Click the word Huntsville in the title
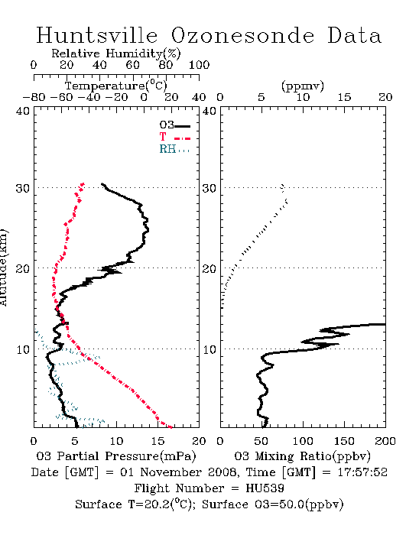click(x=97, y=35)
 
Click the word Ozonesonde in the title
click(x=242, y=35)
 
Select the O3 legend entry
click(x=174, y=125)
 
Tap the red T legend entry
click(x=174, y=137)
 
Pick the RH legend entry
click(x=174, y=149)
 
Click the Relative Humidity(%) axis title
click(x=116, y=53)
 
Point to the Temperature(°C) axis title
click(x=116, y=86)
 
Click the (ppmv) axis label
click(x=303, y=86)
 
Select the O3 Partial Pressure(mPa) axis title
click(x=116, y=456)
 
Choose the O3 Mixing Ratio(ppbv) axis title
click(x=302, y=456)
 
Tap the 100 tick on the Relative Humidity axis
click(x=199, y=65)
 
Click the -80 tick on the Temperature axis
click(x=34, y=97)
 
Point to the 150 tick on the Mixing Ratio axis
click(x=344, y=441)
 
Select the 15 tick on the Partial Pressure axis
click(x=158, y=441)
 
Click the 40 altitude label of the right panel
click(x=209, y=112)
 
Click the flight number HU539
click(x=265, y=488)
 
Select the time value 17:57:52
click(x=362, y=472)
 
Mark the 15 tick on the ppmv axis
click(x=344, y=97)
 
